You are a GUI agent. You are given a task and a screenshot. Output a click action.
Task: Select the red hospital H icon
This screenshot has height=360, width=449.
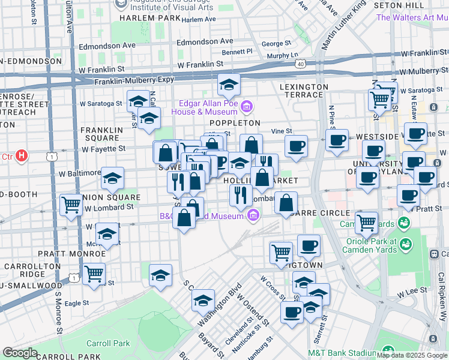tap(22, 157)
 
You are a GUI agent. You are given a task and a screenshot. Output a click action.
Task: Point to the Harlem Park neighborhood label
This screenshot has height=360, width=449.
tap(150, 18)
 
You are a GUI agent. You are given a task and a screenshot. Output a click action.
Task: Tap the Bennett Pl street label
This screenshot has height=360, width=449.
tap(237, 52)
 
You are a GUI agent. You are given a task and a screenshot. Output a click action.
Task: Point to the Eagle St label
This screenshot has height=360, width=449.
tap(77, 304)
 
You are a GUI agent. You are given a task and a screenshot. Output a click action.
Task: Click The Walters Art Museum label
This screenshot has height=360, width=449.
tap(412, 17)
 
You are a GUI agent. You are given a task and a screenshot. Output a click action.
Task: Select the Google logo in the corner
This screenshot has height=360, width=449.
tap(20, 353)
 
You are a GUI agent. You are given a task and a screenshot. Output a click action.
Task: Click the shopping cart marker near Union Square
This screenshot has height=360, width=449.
tap(71, 205)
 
